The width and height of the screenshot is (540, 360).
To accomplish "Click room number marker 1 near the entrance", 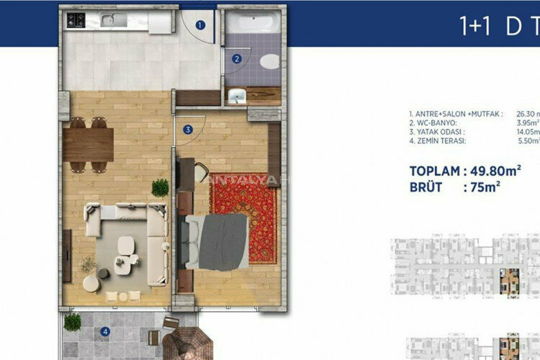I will click(200, 24).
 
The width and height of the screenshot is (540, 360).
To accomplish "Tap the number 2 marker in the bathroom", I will click(236, 59).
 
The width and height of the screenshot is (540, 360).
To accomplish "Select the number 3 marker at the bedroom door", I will click(187, 130).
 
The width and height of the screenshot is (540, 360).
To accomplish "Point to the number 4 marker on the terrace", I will click(106, 332).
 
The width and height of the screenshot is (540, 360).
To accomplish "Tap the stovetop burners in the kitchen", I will click(76, 19).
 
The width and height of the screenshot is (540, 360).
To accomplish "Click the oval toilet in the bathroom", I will click(270, 61).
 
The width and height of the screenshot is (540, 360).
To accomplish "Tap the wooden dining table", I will click(89, 144).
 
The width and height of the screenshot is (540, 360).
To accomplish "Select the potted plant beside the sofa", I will click(161, 189).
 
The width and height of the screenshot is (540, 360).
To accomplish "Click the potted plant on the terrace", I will click(72, 323).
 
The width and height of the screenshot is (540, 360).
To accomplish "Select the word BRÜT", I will click(428, 187).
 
